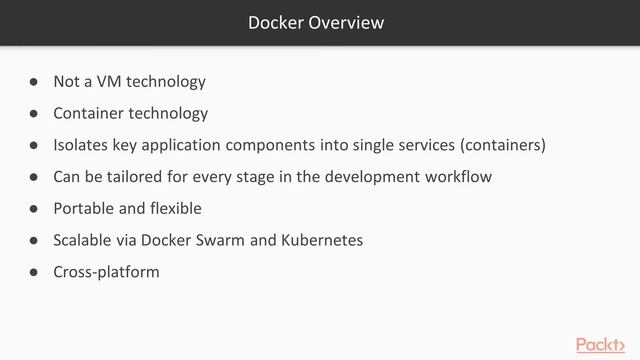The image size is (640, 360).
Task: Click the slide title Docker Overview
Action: click(316, 22)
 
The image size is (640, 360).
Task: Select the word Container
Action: click(87, 113)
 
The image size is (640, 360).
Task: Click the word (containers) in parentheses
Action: click(503, 145)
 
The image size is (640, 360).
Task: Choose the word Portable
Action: click(84, 208)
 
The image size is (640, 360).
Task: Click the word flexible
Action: click(173, 208)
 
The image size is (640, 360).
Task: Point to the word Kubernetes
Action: click(317, 240)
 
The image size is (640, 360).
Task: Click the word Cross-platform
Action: click(106, 271)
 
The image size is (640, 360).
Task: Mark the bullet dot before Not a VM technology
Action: click(33, 82)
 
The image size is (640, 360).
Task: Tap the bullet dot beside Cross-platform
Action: click(33, 272)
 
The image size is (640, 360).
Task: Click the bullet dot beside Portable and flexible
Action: click(33, 209)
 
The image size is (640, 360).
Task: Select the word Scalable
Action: click(84, 240)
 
